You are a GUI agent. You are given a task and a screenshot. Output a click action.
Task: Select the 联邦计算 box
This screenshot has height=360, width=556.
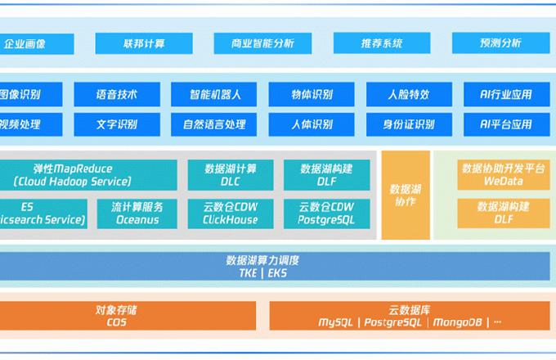144,43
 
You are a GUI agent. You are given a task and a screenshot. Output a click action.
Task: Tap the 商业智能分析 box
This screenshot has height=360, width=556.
262,43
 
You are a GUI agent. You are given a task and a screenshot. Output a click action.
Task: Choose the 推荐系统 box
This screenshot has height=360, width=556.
381,43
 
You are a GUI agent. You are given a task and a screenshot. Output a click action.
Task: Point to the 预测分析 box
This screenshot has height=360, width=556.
499,43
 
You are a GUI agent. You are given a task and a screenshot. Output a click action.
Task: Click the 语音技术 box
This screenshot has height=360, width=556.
117,94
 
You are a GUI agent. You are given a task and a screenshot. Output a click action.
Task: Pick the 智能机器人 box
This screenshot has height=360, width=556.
214,94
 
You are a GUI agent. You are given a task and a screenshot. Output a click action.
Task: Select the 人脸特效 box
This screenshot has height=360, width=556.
408,94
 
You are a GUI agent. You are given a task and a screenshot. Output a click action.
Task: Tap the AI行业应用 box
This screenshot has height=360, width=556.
505,94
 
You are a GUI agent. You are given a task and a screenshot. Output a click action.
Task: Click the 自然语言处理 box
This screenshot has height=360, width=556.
214,124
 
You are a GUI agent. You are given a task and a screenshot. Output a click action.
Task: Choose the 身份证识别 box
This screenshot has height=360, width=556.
408,124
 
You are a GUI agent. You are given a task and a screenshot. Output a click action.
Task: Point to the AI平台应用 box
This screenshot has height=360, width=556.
505,124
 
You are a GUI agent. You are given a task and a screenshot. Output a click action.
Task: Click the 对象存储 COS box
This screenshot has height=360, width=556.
117,316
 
